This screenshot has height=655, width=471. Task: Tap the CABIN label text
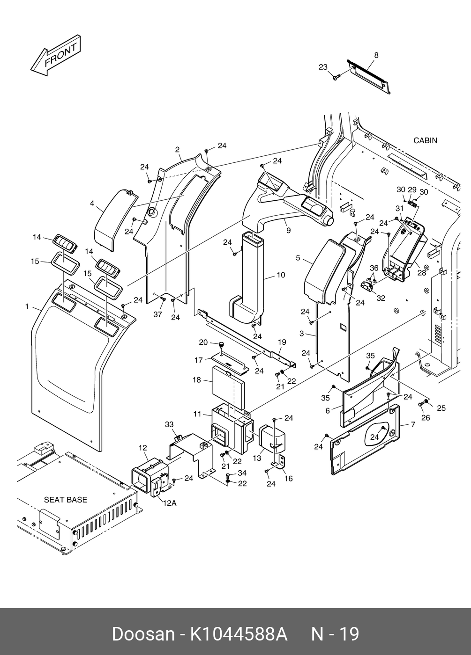[x=425, y=140]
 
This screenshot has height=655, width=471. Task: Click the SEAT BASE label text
[x=66, y=500]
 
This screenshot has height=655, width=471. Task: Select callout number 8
[x=376, y=55]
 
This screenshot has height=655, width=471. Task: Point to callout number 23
[x=323, y=67]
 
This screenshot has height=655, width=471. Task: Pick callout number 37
[x=158, y=314]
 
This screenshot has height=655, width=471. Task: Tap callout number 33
[x=169, y=424]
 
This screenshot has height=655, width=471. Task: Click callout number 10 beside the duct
[x=281, y=275]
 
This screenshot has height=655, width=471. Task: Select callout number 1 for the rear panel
[x=27, y=307]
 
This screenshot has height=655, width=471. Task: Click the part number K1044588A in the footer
[x=238, y=634]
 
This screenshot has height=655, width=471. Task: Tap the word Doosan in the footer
[x=142, y=634]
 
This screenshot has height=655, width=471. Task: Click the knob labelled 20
[x=221, y=345]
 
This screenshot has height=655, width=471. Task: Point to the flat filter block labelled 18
[x=229, y=380]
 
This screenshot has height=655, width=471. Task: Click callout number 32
[x=381, y=298]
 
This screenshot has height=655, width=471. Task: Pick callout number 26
[x=425, y=418]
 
